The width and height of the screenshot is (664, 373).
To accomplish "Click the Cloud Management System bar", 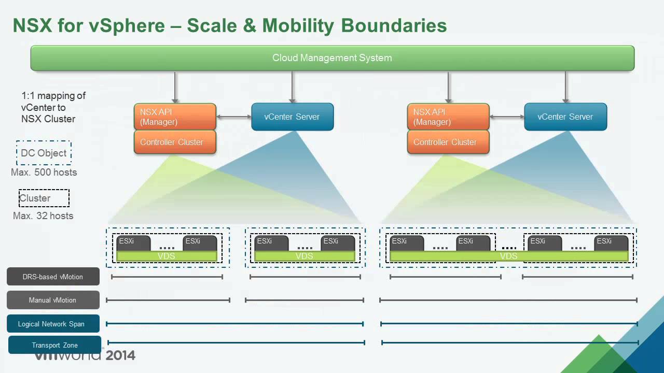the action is (x=333, y=58).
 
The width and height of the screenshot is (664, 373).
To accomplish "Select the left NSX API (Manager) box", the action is (x=175, y=117).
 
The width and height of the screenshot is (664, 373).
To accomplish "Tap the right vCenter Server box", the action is (x=565, y=117).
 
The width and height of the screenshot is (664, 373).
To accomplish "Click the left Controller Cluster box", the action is (x=175, y=142).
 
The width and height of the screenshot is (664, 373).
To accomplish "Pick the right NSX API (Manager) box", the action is (x=448, y=117).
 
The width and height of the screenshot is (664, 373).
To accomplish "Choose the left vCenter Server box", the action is (x=292, y=117).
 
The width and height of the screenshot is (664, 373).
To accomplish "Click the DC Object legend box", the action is (x=44, y=153).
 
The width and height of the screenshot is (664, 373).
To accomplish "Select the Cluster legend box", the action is (x=44, y=198).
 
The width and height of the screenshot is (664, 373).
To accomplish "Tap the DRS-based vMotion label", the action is (x=53, y=277).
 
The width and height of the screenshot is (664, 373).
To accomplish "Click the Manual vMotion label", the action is (x=53, y=300).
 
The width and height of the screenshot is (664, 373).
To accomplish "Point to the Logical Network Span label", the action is (x=53, y=324).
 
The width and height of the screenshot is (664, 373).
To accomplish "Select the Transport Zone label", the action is (x=54, y=345).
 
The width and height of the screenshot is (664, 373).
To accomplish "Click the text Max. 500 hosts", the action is (x=44, y=173).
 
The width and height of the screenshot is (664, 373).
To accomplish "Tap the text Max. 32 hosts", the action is (x=43, y=216).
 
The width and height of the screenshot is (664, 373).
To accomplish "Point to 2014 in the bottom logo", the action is (x=120, y=355).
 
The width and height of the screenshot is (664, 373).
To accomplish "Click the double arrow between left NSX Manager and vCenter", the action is (x=234, y=117).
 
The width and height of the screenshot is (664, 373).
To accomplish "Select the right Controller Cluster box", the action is (x=448, y=142).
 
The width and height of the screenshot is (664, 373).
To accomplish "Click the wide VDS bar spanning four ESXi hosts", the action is (x=509, y=256).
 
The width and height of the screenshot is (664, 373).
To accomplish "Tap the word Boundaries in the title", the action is (x=394, y=25).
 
